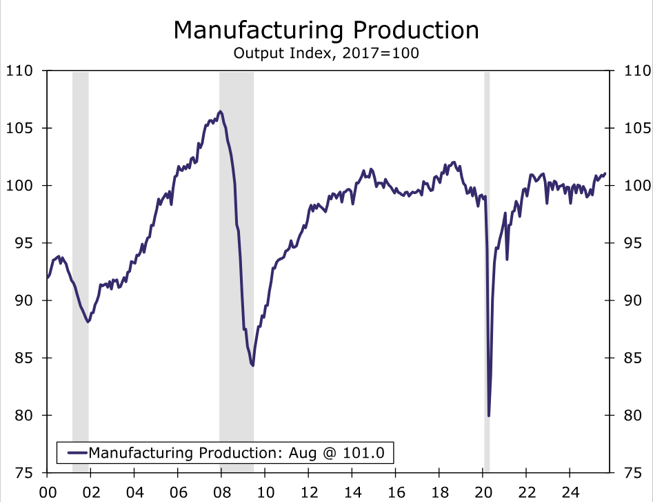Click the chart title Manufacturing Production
tap(326, 30)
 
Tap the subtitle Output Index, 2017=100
tap(326, 53)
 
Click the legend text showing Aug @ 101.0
tap(241, 453)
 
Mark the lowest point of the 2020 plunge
tap(488, 415)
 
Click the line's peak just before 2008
tap(220, 111)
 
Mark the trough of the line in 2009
tap(253, 365)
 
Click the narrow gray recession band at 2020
tap(487, 276)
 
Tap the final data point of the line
tap(605, 173)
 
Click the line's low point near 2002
tap(88, 321)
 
